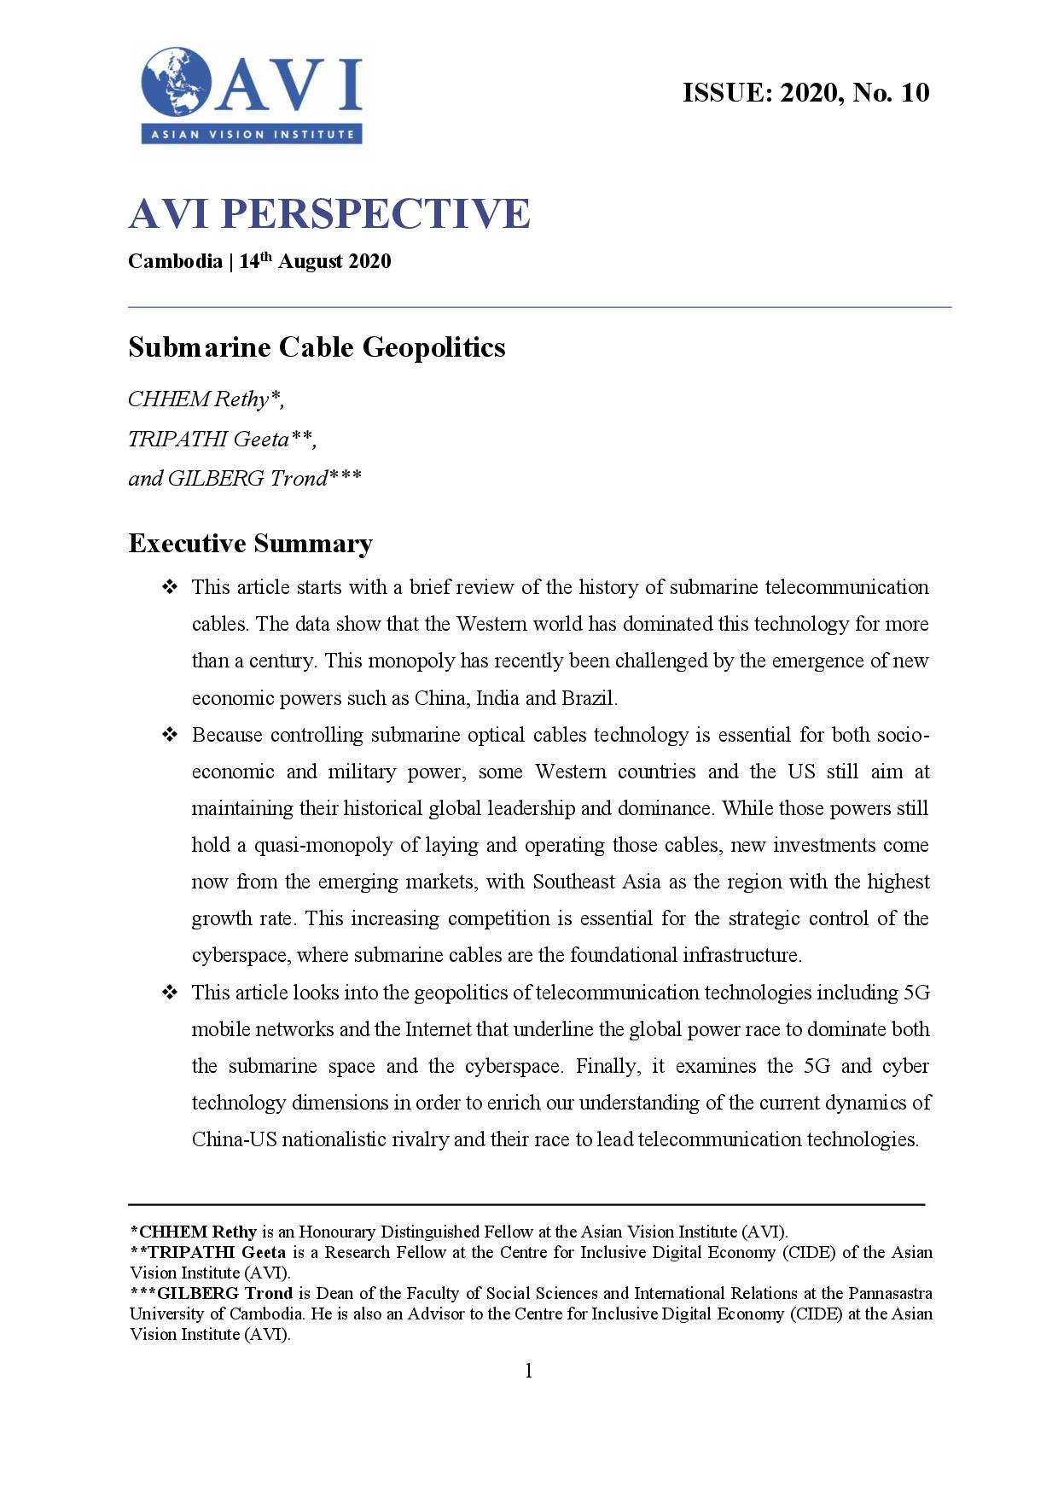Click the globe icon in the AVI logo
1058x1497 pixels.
pos(177,82)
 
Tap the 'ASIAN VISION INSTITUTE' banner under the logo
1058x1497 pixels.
pos(252,134)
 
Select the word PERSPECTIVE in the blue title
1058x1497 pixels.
pos(375,213)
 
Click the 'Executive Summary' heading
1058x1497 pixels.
pos(250,544)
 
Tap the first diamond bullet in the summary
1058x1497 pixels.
pos(169,587)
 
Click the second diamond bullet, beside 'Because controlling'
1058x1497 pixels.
pos(169,735)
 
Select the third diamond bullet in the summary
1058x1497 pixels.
pos(169,993)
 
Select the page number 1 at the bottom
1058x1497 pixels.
pos(529,1371)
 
